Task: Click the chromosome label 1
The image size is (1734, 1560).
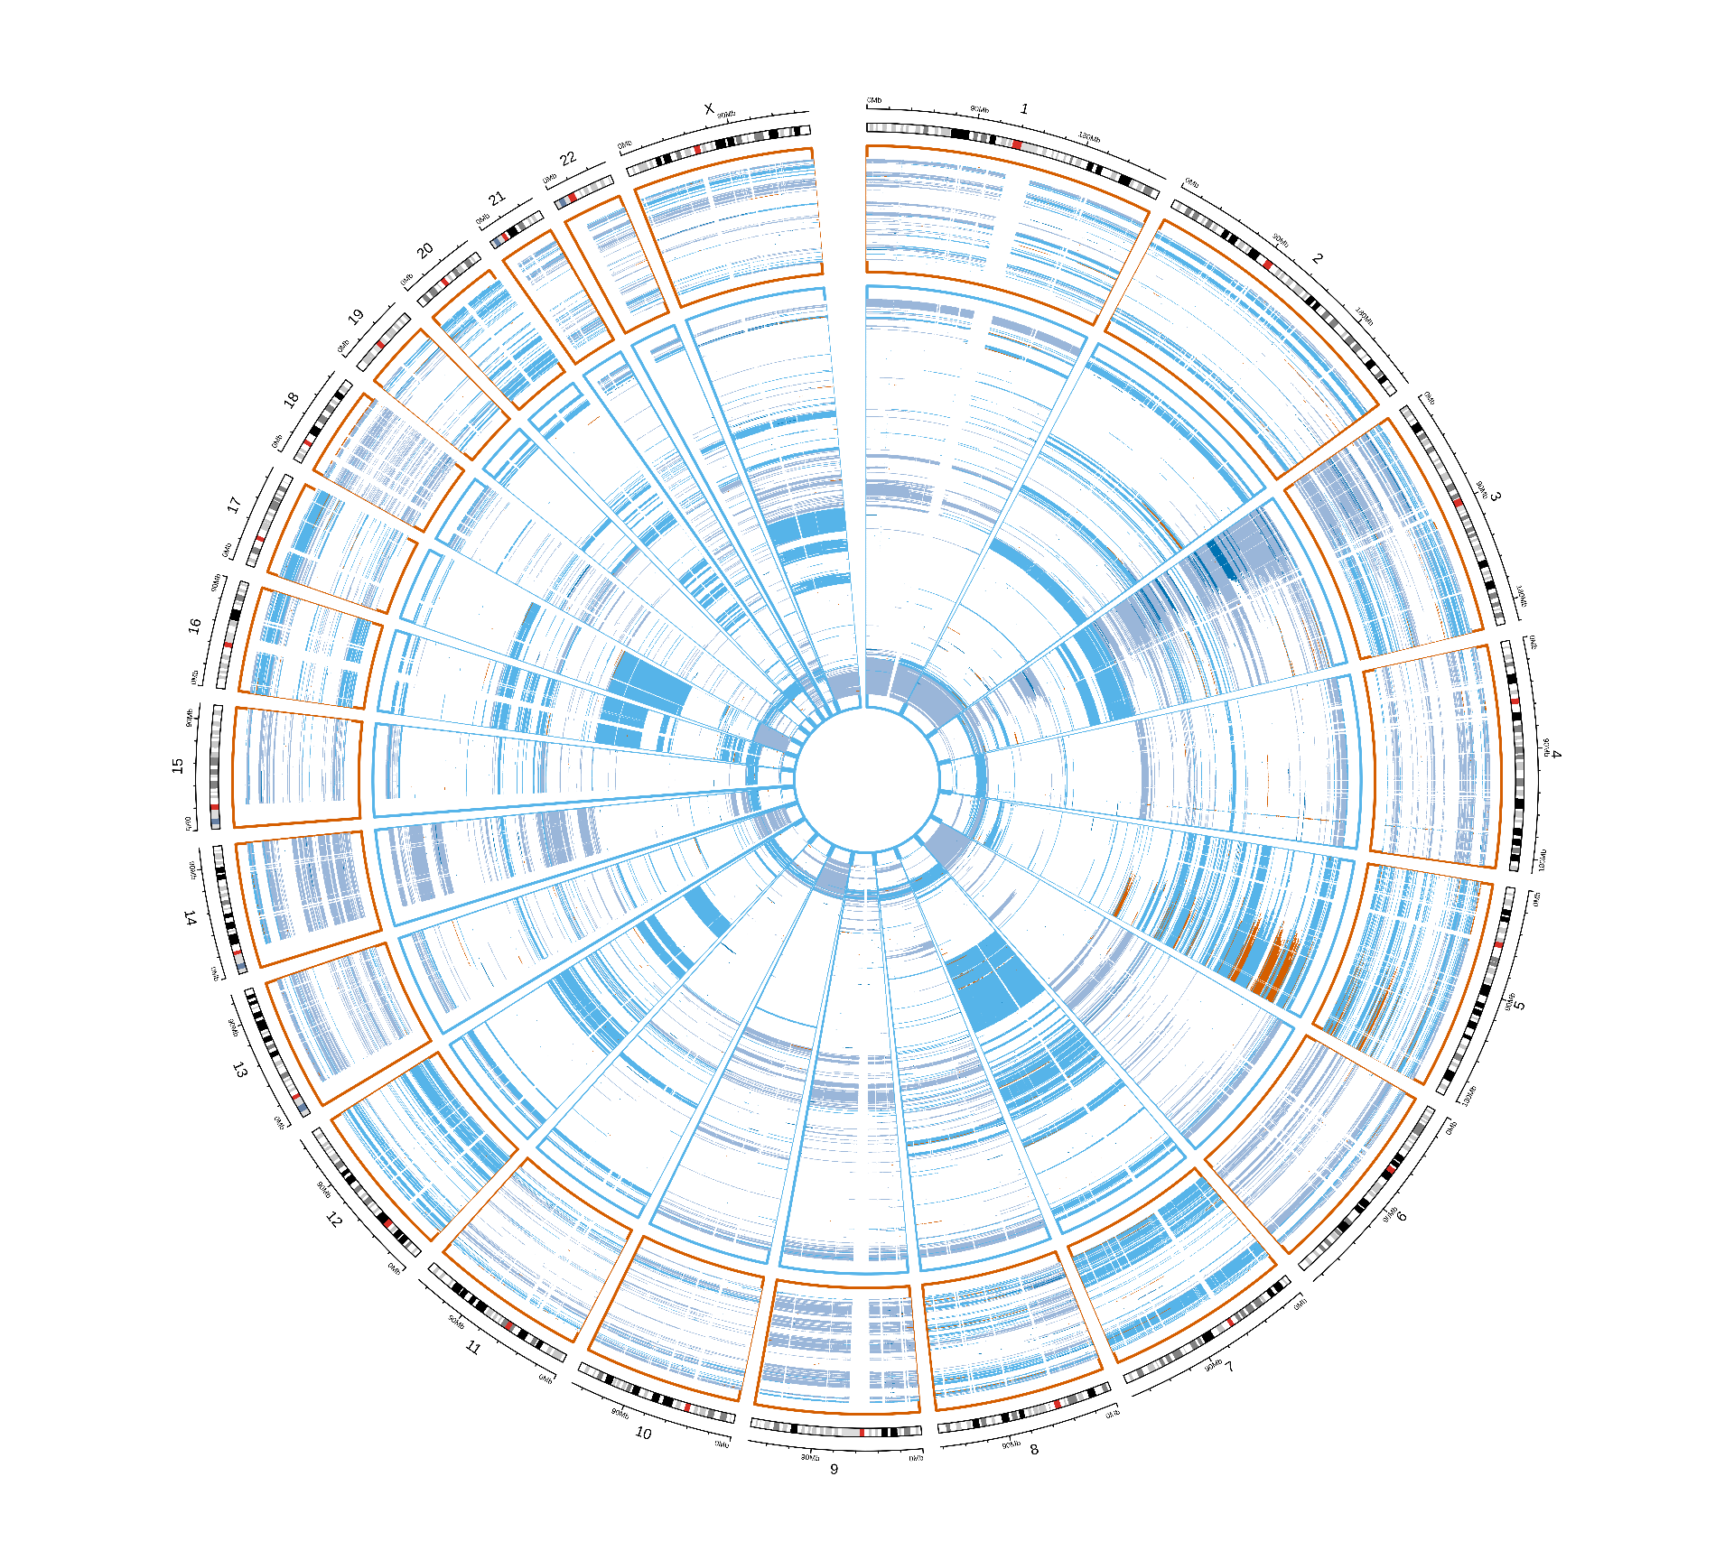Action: point(1024,109)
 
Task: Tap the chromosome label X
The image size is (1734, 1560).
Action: point(709,109)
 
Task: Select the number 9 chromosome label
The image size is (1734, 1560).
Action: point(834,1469)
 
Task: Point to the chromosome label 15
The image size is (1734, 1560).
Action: point(178,765)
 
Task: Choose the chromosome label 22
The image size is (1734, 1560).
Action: point(567,159)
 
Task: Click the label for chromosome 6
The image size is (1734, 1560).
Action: point(1401,1216)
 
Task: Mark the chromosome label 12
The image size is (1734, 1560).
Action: point(333,1220)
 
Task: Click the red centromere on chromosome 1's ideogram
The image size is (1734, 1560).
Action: point(1017,144)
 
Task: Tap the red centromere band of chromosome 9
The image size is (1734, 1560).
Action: point(862,1432)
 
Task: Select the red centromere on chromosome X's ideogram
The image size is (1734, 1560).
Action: point(697,149)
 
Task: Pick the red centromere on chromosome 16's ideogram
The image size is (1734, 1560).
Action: point(228,645)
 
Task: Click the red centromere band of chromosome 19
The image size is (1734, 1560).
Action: point(380,345)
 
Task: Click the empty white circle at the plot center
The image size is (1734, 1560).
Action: point(866,780)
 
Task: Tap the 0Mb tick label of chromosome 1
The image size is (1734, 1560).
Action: point(873,101)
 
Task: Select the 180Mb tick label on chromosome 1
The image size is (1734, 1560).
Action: point(1089,138)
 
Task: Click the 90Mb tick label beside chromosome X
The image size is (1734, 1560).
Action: point(726,116)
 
